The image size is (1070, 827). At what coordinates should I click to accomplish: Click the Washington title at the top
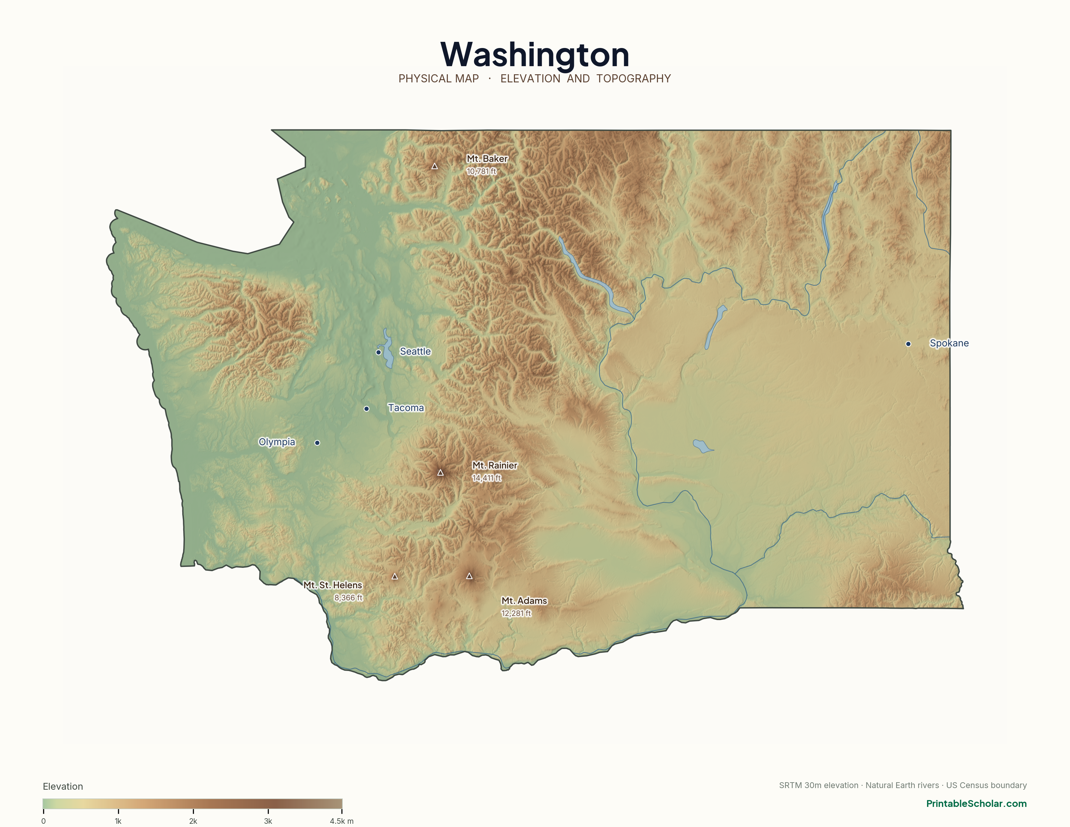[x=534, y=55]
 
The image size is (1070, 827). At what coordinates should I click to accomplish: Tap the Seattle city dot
[x=378, y=352]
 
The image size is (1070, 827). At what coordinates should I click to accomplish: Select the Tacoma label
[x=406, y=408]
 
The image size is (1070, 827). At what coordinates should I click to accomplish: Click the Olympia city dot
[x=317, y=443]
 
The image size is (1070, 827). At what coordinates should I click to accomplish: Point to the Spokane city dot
[x=908, y=344]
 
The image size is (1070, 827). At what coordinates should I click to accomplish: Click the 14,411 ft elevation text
[x=486, y=478]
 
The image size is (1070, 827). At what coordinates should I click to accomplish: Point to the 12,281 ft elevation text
[x=516, y=613]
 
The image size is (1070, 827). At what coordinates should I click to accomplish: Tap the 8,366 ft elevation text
[x=348, y=598]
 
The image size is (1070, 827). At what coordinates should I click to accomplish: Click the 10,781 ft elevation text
[x=481, y=172]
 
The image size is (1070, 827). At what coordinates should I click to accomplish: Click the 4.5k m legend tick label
[x=341, y=821]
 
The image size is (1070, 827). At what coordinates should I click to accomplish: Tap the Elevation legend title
[x=63, y=786]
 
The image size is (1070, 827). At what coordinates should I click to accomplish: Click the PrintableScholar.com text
[x=976, y=803]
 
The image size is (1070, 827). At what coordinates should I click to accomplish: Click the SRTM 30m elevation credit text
[x=818, y=785]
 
